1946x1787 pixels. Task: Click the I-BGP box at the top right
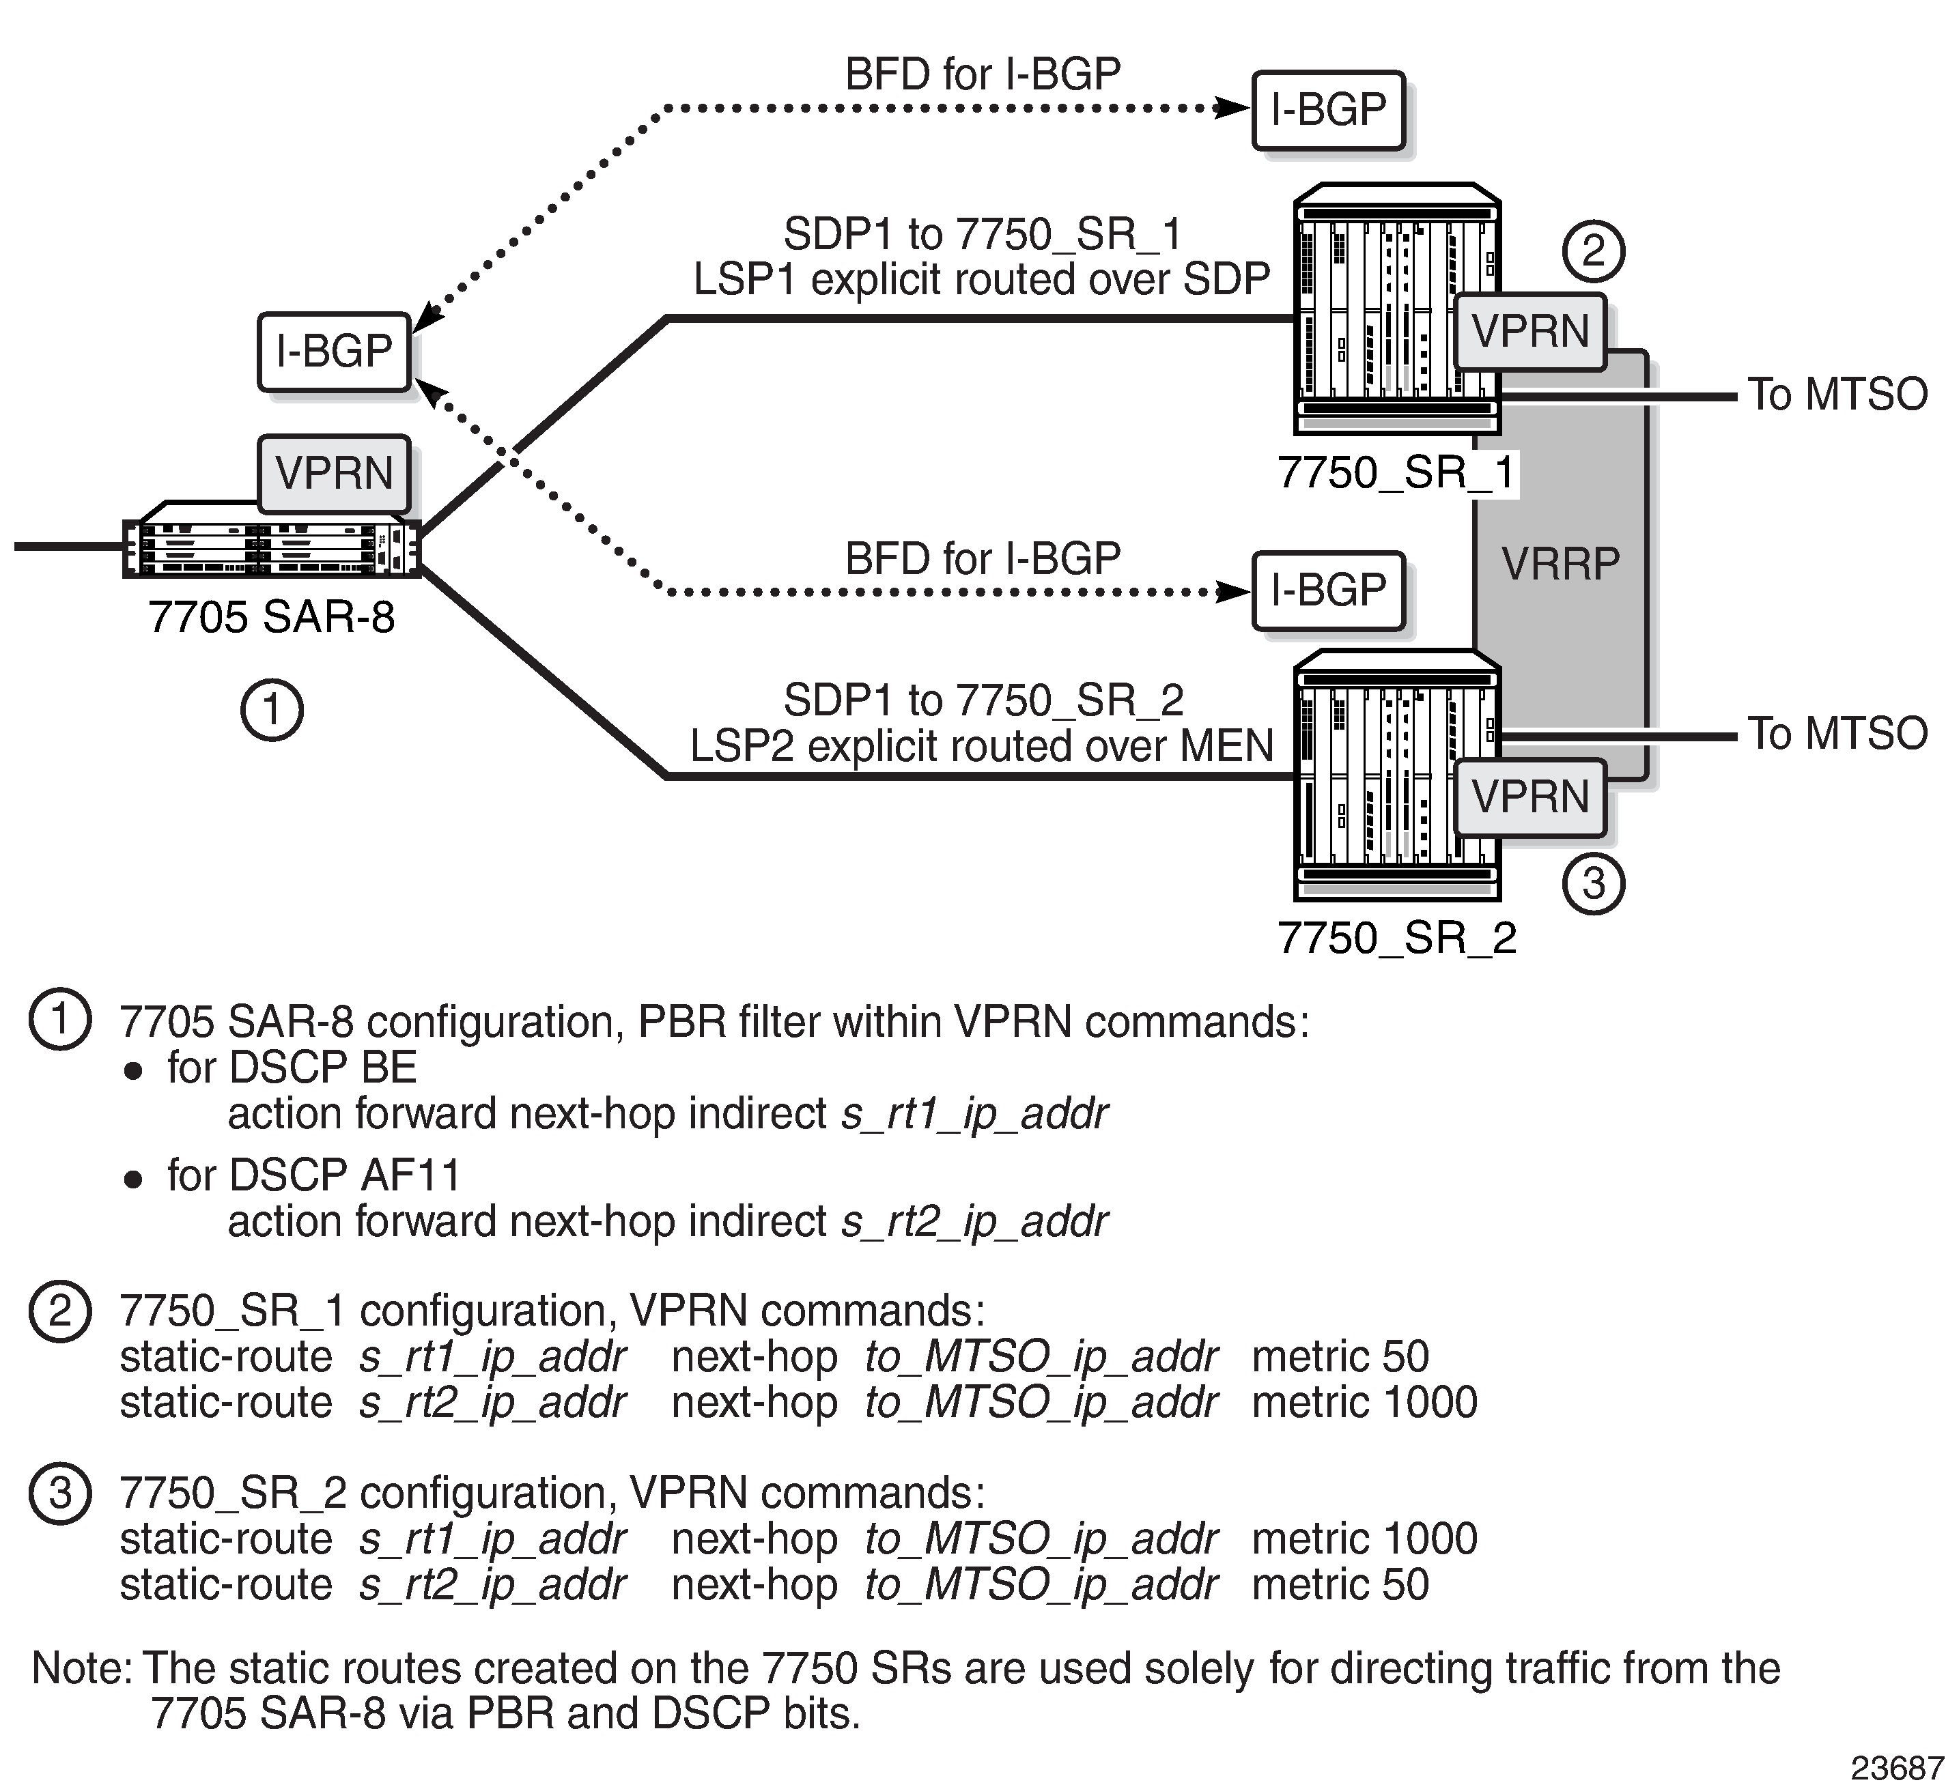[x=1329, y=111]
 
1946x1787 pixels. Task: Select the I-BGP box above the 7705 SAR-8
[x=335, y=352]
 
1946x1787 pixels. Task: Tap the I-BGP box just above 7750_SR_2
[x=1329, y=591]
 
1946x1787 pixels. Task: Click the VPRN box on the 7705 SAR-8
[x=335, y=474]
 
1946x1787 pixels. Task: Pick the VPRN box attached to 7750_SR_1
[x=1530, y=332]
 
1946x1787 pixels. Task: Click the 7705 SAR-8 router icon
[x=272, y=541]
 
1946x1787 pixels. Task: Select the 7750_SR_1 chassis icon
[x=1396, y=309]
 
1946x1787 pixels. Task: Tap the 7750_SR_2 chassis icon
[x=1396, y=775]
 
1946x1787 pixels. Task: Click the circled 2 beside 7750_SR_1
[x=1593, y=251]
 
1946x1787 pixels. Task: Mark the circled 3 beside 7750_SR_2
[x=1593, y=883]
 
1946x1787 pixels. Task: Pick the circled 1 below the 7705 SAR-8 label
[x=272, y=711]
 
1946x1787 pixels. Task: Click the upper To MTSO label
[x=1837, y=395]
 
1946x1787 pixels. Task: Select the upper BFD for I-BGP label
[x=983, y=74]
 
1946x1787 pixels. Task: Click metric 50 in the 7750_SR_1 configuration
[x=1340, y=1357]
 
